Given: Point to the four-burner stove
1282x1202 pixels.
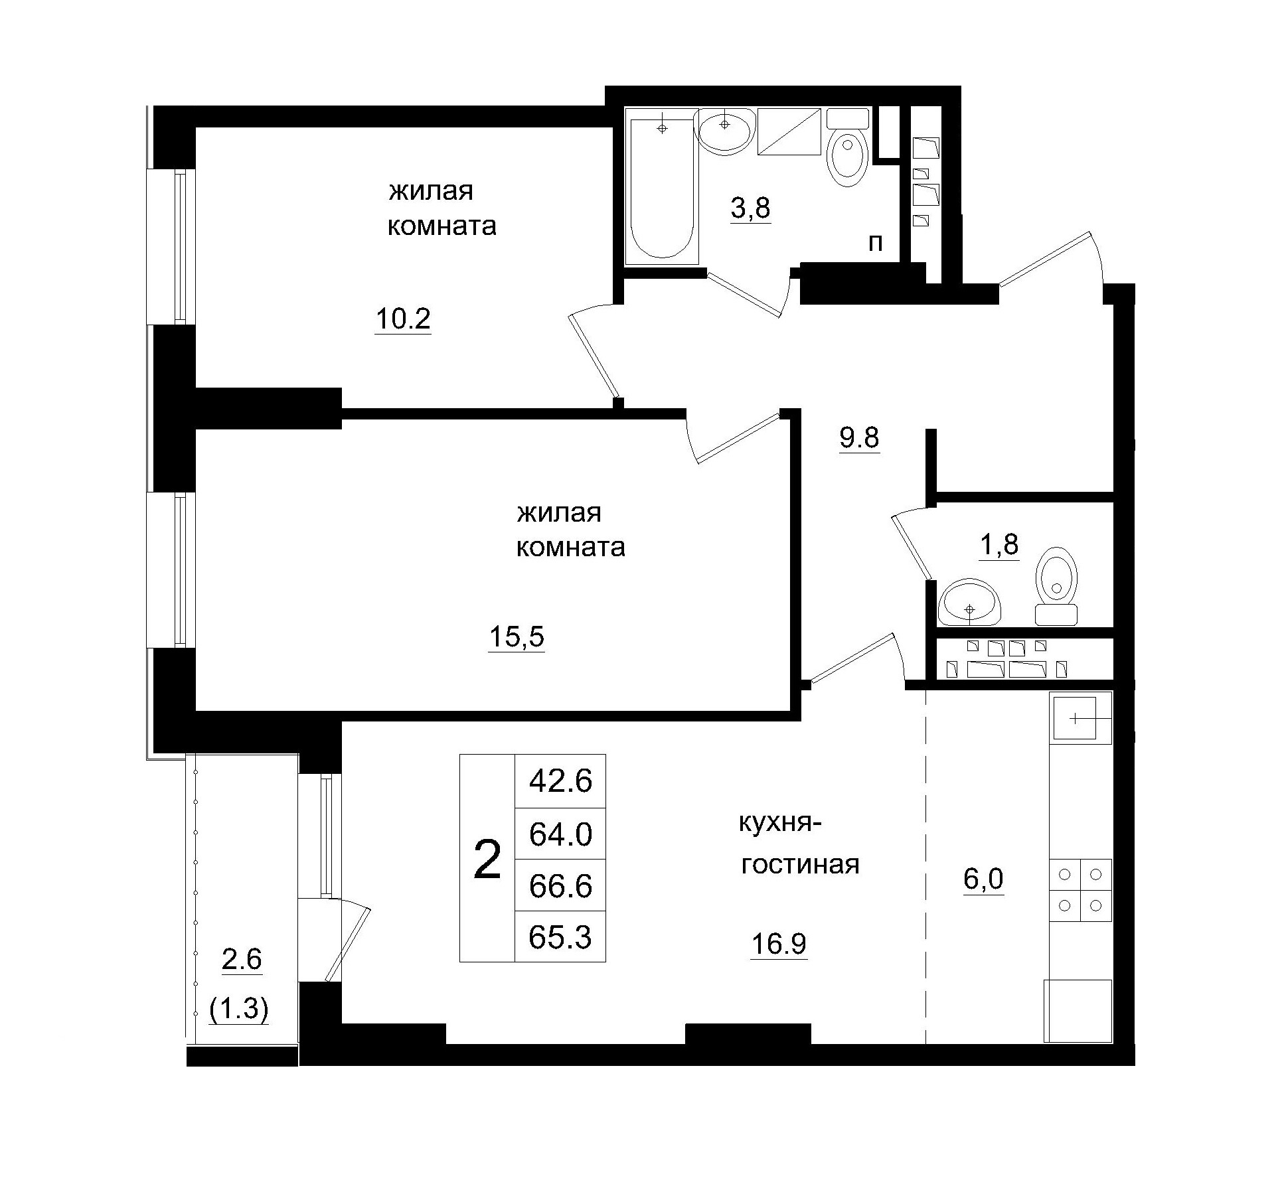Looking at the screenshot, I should click(x=1080, y=890).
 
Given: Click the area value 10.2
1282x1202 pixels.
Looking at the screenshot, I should click(x=403, y=320).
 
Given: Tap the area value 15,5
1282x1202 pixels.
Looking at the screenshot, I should click(x=517, y=637).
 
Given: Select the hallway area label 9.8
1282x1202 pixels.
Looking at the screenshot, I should click(x=859, y=438).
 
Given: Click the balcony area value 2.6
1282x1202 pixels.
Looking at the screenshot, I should click(x=242, y=959).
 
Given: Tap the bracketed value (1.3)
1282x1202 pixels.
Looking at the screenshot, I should click(x=239, y=1010).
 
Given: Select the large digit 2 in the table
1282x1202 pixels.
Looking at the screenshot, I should click(x=487, y=860).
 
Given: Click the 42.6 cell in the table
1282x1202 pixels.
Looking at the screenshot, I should click(x=560, y=782).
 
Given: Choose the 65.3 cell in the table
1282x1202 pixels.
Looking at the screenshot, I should click(x=560, y=937).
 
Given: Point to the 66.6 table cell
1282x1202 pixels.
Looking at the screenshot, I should click(x=560, y=886).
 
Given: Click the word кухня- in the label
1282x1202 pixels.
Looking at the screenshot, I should click(x=780, y=824).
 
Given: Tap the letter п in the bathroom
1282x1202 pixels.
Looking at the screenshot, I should click(x=876, y=244).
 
